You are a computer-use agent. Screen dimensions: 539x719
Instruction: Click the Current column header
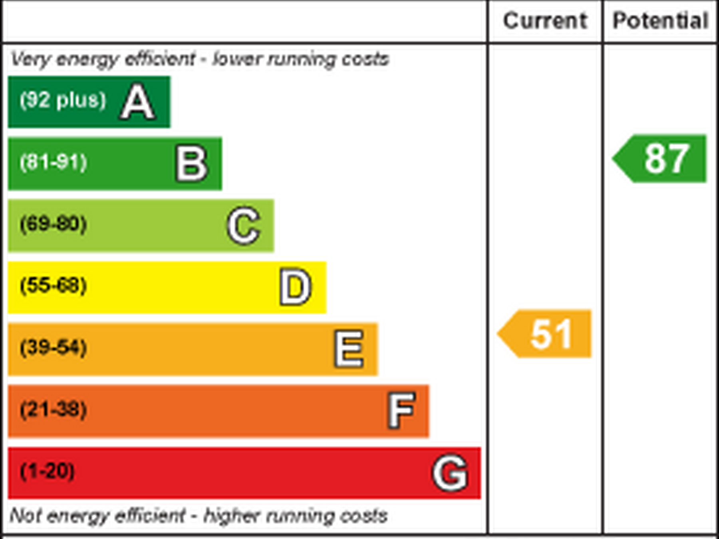click(x=545, y=21)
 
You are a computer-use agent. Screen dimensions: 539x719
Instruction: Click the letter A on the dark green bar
click(x=137, y=102)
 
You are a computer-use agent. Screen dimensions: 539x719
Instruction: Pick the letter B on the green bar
click(x=192, y=164)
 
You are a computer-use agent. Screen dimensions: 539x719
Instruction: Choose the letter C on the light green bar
click(x=244, y=226)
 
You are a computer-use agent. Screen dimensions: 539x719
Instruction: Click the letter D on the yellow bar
click(x=295, y=287)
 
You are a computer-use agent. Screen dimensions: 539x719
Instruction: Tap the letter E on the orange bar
click(x=349, y=349)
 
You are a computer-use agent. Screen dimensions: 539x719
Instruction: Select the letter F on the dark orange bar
click(x=401, y=410)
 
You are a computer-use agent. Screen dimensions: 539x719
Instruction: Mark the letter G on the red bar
click(x=450, y=473)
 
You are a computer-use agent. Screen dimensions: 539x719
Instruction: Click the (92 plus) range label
click(x=63, y=100)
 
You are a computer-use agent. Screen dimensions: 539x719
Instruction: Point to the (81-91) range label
click(x=54, y=162)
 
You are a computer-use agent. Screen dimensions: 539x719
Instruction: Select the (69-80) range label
click(x=54, y=224)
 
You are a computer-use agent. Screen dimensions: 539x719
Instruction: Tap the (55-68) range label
click(x=54, y=286)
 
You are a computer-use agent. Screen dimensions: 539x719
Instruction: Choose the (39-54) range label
click(x=54, y=348)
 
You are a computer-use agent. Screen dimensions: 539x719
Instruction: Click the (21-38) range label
click(x=54, y=410)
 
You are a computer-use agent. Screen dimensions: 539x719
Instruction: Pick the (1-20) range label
click(x=47, y=472)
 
